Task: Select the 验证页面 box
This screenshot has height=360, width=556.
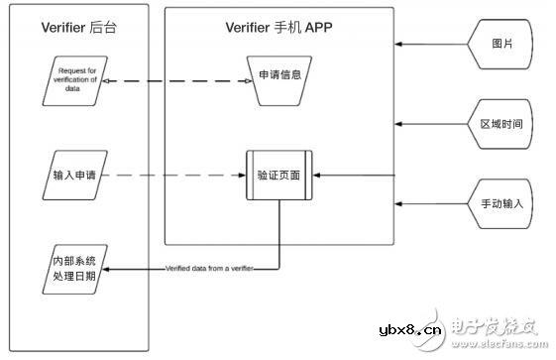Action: tap(279, 175)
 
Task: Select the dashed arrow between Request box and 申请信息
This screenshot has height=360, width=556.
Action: tap(174, 82)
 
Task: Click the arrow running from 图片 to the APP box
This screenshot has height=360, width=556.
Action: tap(430, 45)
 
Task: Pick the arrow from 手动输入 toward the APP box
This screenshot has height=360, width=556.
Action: tap(430, 203)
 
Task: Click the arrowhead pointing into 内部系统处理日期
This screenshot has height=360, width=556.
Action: tap(109, 268)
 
